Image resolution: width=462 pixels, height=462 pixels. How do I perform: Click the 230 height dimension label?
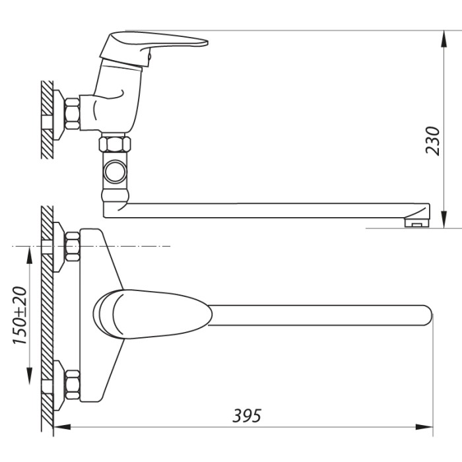tap(432, 141)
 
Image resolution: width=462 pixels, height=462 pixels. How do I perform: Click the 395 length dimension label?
tap(247, 416)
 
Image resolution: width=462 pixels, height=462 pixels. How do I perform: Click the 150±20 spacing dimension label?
tap(20, 315)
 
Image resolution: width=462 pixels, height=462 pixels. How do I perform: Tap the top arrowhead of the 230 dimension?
tap(444, 39)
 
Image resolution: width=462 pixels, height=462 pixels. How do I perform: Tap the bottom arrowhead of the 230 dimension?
tap(444, 219)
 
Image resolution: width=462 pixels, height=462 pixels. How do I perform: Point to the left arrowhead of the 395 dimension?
tap(63, 426)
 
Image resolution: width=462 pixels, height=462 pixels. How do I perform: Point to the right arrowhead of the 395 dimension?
tap(424, 426)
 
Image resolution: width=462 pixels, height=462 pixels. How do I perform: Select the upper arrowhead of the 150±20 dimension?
tap(30, 255)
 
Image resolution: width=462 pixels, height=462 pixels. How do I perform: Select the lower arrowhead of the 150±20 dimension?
tap(30, 376)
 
